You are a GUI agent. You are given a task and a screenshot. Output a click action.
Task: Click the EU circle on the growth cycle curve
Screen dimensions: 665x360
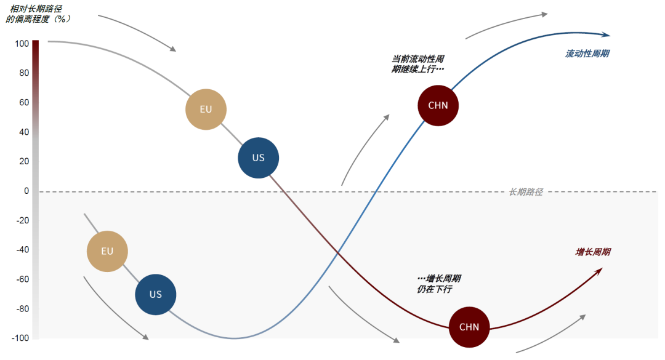[x=206, y=110]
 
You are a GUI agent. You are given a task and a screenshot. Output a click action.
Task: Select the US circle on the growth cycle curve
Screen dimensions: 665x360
[x=259, y=158]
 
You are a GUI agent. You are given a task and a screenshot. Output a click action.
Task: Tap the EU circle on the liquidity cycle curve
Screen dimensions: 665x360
[x=108, y=252]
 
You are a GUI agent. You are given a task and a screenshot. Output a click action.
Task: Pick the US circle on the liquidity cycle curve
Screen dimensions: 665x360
[x=156, y=295]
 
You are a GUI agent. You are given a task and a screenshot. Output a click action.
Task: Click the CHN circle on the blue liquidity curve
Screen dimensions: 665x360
[x=438, y=105]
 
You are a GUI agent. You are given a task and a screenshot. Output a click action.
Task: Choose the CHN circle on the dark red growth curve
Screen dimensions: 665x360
[x=469, y=327]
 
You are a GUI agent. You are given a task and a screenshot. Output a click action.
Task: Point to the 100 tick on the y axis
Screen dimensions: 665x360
[x=22, y=44]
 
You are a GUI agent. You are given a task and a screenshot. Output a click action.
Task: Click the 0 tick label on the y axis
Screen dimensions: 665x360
[x=26, y=191]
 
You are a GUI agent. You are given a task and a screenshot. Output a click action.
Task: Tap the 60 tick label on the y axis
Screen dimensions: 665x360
[x=24, y=102]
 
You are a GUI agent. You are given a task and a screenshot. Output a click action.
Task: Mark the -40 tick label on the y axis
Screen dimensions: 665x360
[x=22, y=250]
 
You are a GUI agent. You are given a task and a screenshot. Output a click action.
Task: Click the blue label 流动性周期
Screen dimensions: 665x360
[x=587, y=54]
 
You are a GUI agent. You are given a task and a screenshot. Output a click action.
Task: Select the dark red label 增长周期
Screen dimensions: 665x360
[x=593, y=252]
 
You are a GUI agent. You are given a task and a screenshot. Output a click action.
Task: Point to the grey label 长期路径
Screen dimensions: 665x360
[x=526, y=192]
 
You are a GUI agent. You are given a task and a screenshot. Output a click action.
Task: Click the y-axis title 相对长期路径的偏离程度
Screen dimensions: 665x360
[x=38, y=14]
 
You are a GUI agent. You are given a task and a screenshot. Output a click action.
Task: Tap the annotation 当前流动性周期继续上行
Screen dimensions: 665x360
[x=418, y=64]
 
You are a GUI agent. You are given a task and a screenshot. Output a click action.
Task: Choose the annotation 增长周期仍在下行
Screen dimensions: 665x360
[x=439, y=284]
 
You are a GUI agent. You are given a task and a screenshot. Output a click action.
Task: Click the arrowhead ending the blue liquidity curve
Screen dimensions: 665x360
[x=607, y=35]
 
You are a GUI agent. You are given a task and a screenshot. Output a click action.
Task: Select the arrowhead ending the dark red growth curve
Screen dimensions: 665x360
[x=598, y=270]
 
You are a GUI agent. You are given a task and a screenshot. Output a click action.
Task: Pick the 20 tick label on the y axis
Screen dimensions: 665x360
[x=24, y=161]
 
